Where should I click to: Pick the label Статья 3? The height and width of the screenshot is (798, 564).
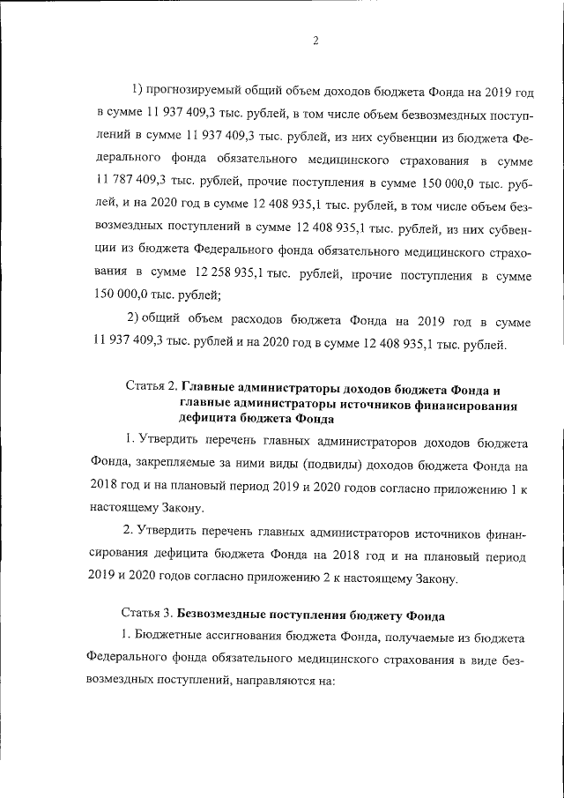[146, 612]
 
